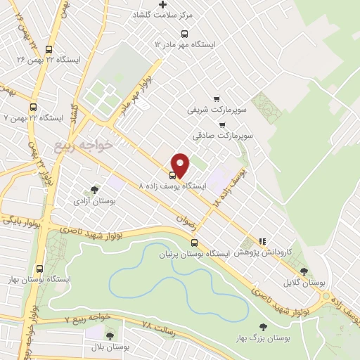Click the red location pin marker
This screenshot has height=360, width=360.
pyautogui.click(x=181, y=165)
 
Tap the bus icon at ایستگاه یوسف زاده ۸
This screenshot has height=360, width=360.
pyautogui.click(x=172, y=175)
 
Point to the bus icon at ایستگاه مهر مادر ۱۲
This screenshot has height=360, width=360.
pyautogui.click(x=185, y=33)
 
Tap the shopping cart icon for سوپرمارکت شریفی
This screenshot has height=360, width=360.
pyautogui.click(x=217, y=99)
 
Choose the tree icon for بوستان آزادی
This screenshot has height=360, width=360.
pyautogui.click(x=95, y=189)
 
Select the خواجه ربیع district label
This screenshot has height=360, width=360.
pyautogui.click(x=83, y=145)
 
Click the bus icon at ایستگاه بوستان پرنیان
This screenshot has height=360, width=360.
pyautogui.click(x=194, y=243)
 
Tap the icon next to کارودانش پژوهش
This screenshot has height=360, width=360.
pyautogui.click(x=263, y=241)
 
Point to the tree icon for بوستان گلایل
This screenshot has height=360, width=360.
pyautogui.click(x=304, y=271)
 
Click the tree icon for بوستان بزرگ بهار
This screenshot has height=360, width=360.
pyautogui.click(x=263, y=327)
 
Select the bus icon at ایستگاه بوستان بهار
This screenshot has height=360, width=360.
pyautogui.click(x=39, y=269)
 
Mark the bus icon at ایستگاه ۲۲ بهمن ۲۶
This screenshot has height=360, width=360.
pyautogui.click(x=49, y=50)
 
